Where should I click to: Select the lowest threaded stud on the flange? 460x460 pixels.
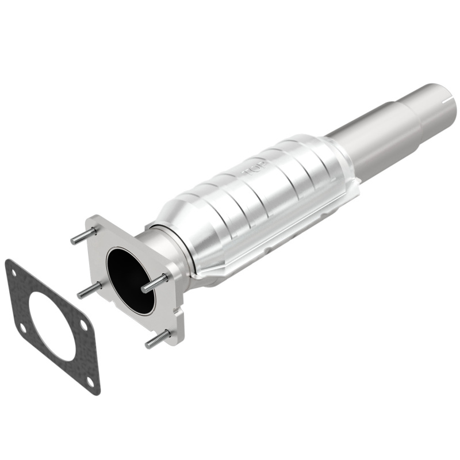point(158,339)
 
